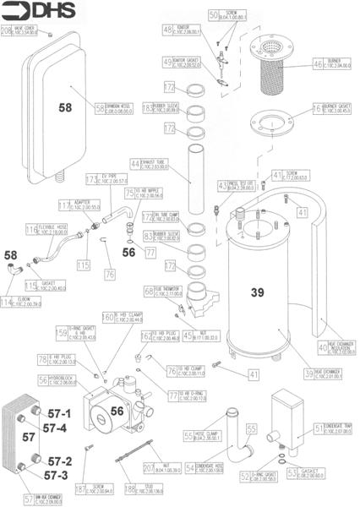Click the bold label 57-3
pos(59,476)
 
